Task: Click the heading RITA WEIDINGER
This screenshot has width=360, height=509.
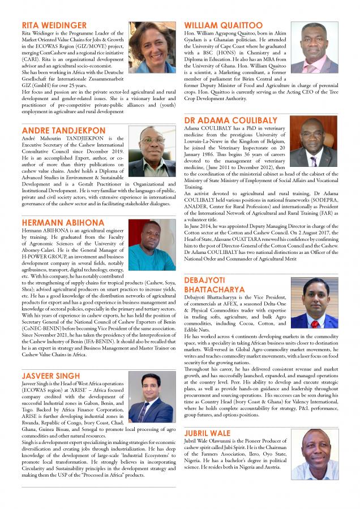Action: [x=54, y=25]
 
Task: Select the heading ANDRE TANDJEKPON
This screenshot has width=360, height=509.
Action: [x=63, y=130]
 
